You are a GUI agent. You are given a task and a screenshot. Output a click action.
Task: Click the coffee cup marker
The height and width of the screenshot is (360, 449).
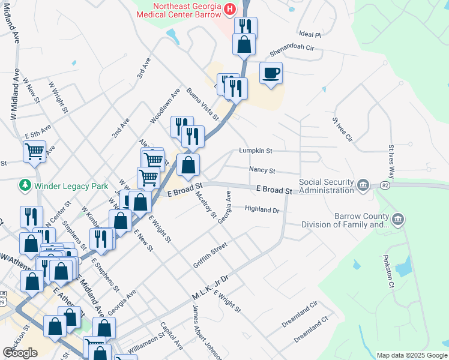pyautogui.click(x=271, y=73)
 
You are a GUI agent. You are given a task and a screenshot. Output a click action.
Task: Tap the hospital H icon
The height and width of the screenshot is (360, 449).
pyautogui.click(x=230, y=8)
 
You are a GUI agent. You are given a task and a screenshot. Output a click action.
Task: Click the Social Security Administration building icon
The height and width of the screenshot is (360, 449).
pyautogui.click(x=363, y=184)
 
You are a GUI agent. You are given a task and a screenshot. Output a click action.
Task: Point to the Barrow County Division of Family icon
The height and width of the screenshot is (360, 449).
pyautogui.click(x=397, y=221)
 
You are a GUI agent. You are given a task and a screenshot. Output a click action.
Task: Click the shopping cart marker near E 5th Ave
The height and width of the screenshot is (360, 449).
pyautogui.click(x=34, y=151)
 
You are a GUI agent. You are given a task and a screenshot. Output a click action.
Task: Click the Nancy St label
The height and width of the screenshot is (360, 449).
pyautogui.click(x=262, y=170)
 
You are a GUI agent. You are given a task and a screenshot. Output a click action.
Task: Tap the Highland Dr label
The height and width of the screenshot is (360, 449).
pyautogui.click(x=262, y=209)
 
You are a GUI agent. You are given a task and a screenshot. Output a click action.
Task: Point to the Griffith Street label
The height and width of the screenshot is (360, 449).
pyautogui.click(x=210, y=256)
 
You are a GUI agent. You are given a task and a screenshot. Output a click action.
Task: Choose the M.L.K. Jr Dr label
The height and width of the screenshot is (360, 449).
pyautogui.click(x=211, y=289)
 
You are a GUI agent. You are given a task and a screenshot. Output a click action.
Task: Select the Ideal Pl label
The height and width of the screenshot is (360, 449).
pyautogui.click(x=310, y=35)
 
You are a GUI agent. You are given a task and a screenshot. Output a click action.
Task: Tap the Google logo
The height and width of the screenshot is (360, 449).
pyautogui.click(x=20, y=353)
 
